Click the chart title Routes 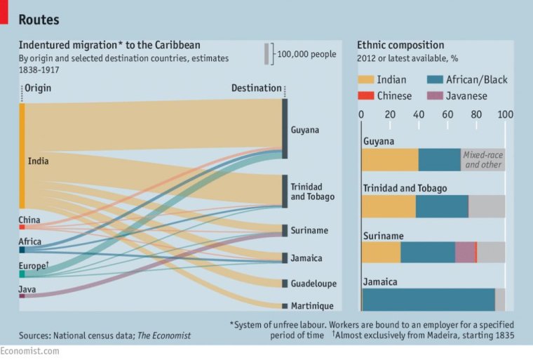39,20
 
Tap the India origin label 38,161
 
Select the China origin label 29,220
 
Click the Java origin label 27,288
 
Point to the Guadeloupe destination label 313,284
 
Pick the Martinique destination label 312,306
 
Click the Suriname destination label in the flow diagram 309,230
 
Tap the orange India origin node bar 22,156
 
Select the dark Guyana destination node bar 285,128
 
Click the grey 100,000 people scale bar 266,54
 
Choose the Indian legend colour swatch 367,80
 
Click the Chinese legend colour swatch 367,96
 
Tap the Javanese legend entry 456,96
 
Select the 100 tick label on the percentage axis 505,115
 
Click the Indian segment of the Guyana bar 390,160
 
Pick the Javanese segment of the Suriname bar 465,253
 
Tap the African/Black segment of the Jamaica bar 429,299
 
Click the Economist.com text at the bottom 29,351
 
